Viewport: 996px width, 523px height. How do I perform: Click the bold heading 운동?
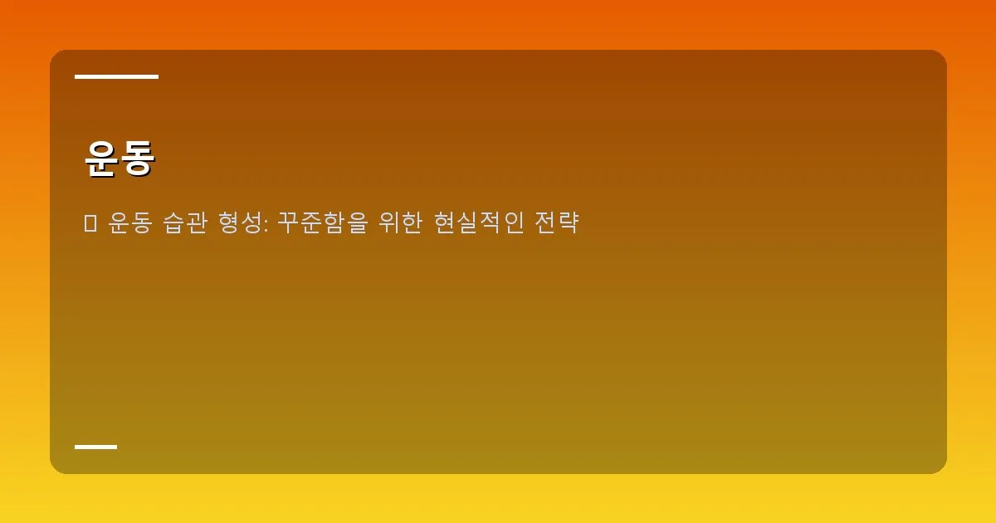[120, 158]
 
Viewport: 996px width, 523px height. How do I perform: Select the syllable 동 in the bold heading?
[137, 158]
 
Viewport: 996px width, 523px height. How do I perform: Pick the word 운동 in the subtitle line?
[130, 223]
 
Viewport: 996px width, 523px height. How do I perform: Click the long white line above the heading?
[116, 77]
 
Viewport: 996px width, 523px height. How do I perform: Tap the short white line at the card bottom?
[95, 447]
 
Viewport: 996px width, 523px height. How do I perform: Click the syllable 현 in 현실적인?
[445, 223]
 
